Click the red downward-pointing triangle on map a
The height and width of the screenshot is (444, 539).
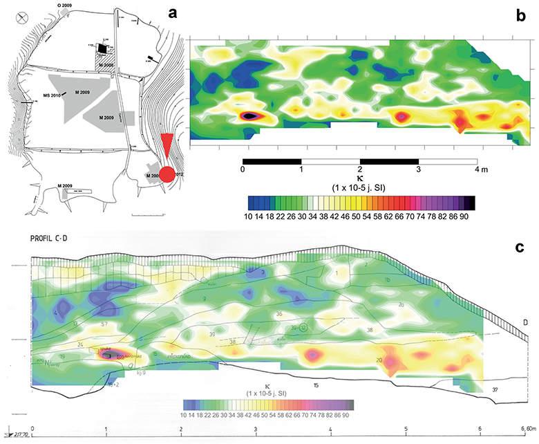(166, 147)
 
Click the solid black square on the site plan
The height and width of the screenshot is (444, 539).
(103, 48)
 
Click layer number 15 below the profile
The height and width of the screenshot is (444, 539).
(315, 385)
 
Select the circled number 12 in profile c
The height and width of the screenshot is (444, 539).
(303, 326)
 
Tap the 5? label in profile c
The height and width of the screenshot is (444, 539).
(104, 323)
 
